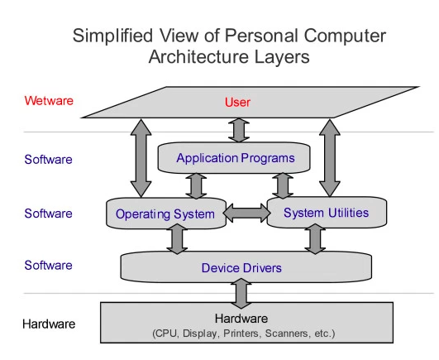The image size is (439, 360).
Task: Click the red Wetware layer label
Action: pos(49,101)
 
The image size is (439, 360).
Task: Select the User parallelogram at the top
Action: pos(237,103)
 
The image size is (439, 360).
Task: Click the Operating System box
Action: pos(165,214)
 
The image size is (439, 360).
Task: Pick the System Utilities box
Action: pos(326,214)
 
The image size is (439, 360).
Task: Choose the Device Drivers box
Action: pos(241,267)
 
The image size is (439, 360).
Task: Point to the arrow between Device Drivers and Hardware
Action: pos(241,293)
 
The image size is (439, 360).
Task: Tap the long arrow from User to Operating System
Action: pos(136,157)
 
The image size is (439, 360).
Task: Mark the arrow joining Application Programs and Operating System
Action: pos(197,185)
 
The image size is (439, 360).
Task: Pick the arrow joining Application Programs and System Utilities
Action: pos(283,185)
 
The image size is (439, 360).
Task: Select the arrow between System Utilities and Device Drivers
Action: pos(314,239)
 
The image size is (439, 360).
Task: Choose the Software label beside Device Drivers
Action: pos(48,266)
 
